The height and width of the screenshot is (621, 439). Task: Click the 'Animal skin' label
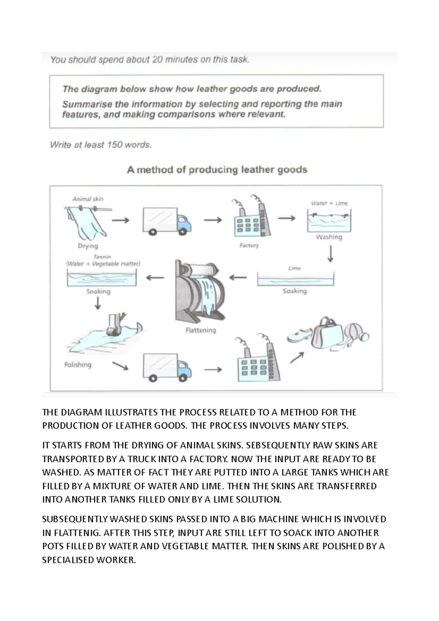88,199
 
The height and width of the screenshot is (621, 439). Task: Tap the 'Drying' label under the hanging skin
88,246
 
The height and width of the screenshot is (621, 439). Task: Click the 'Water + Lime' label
329,203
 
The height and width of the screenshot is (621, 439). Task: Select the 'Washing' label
329,237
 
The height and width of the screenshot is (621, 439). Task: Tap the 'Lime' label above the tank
294,268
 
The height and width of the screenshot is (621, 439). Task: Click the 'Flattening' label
200,330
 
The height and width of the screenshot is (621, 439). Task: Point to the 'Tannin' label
102,257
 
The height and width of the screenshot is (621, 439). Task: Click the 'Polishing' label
78,365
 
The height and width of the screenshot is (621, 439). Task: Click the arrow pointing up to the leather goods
297,358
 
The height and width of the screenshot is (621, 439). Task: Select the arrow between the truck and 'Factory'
213,220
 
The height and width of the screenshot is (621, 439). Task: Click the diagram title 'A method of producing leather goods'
217,170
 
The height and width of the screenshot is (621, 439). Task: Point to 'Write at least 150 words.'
101,145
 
